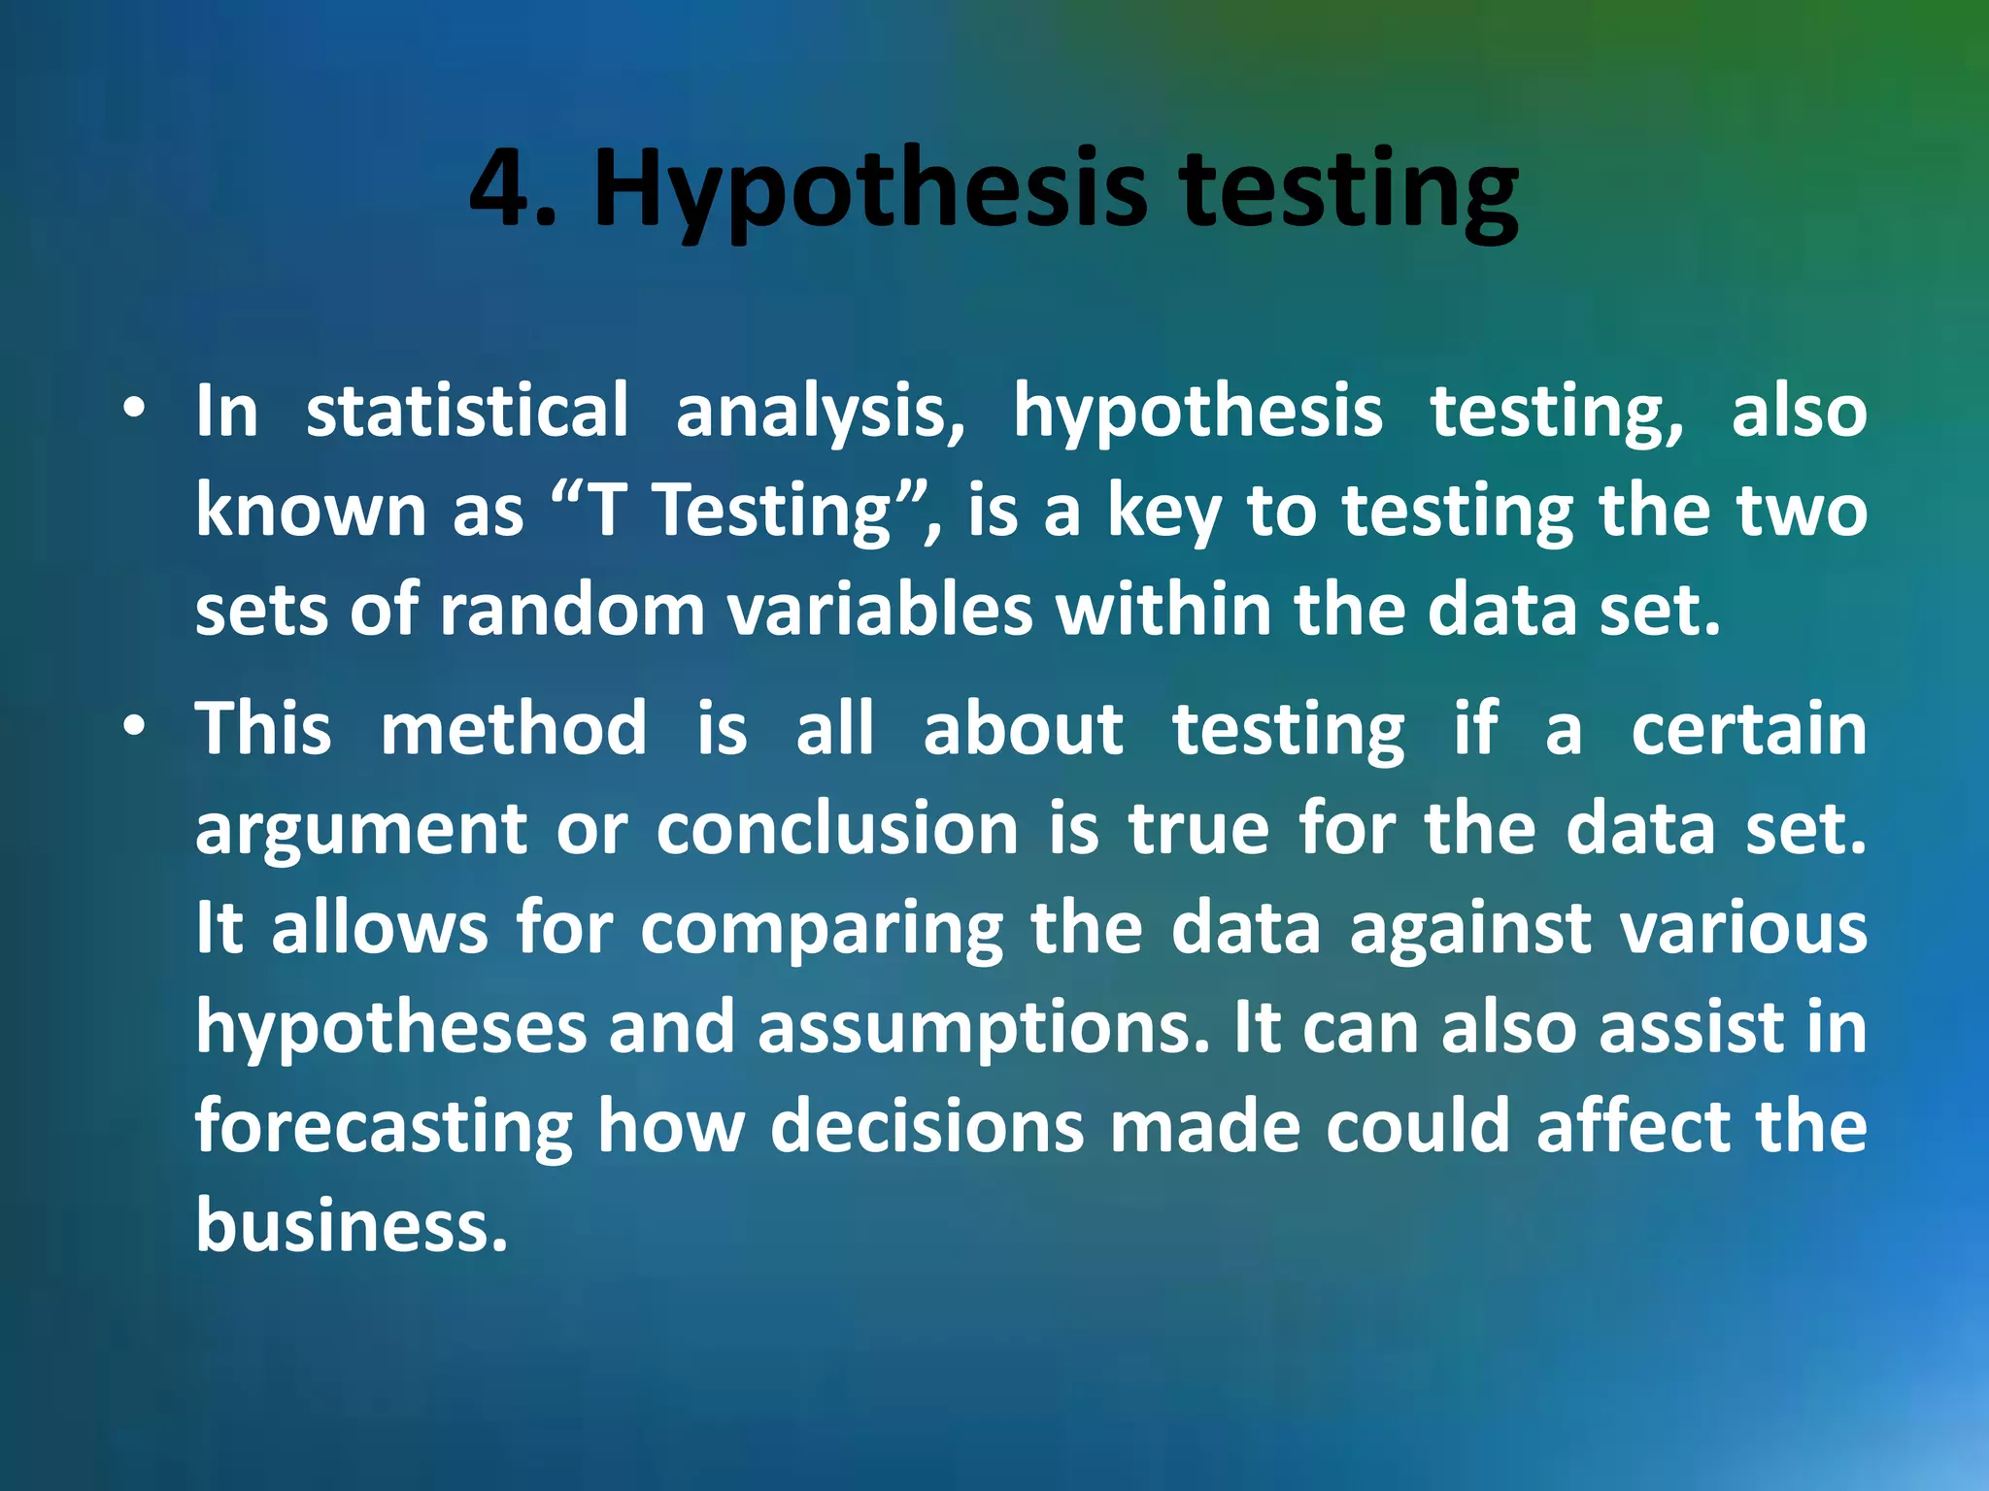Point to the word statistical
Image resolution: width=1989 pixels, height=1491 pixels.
point(467,410)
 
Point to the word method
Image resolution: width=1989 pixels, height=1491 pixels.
point(514,727)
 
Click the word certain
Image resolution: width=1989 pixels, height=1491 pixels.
point(1748,727)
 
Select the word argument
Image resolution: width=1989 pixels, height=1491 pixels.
point(361,831)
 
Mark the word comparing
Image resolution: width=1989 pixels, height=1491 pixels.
point(822,931)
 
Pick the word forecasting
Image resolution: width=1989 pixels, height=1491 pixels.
point(385,1129)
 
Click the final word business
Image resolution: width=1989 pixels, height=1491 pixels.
point(352,1225)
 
